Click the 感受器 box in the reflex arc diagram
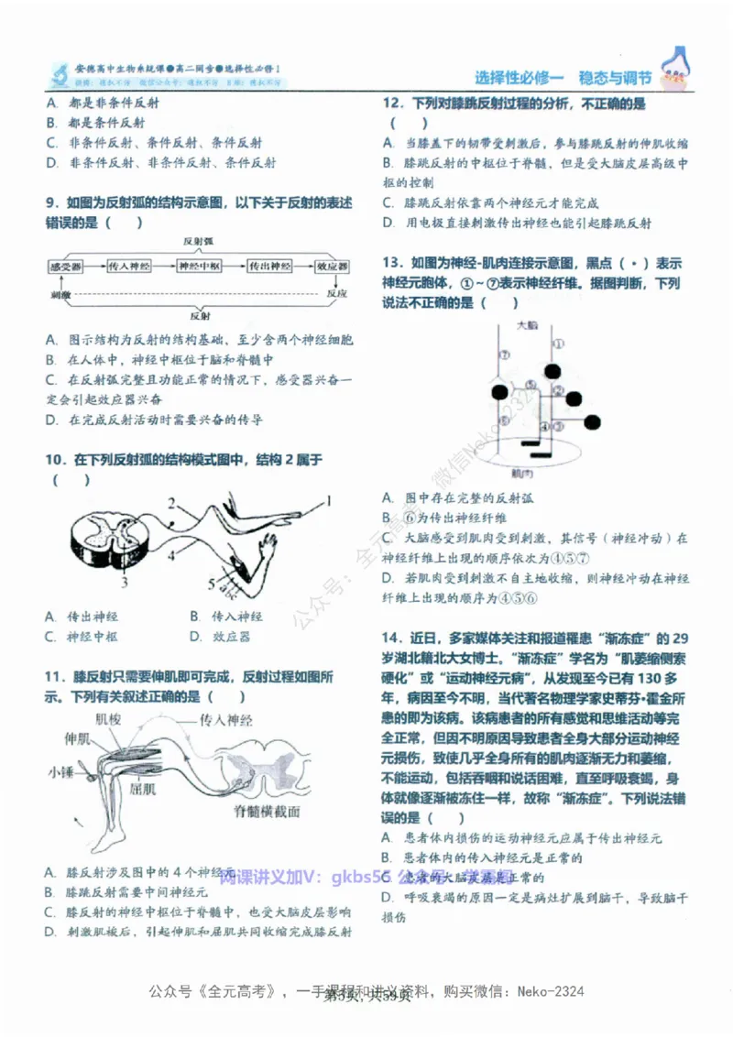[66, 267]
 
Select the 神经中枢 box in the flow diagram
[199, 267]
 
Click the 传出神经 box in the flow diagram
[270, 267]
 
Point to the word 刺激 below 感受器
[60, 296]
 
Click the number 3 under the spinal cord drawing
[125, 581]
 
